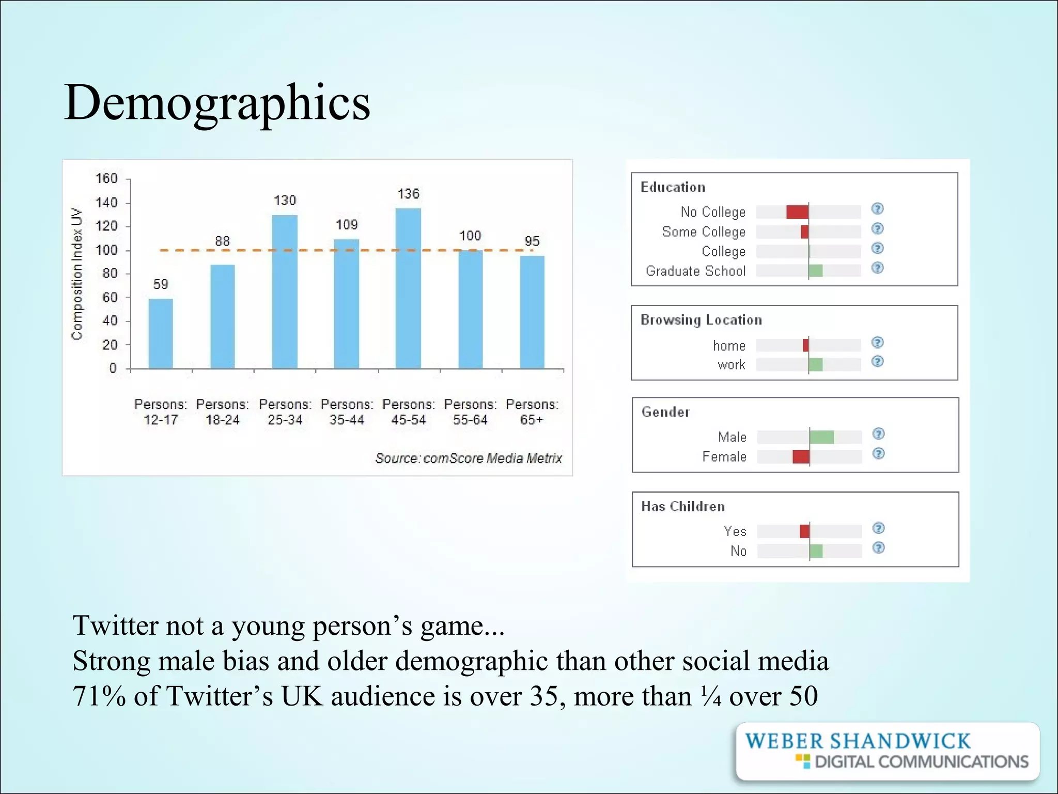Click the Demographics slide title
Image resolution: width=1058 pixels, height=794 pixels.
[x=217, y=102]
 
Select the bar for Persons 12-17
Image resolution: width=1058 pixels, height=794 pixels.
[x=161, y=333]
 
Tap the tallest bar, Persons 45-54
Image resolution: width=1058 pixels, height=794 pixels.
[x=408, y=288]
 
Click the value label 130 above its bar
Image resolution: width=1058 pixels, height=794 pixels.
[x=285, y=201]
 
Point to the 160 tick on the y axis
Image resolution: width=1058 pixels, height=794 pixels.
[x=106, y=179]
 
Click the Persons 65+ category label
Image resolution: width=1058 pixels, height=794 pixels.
[x=532, y=412]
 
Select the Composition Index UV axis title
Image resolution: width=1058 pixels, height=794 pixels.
[x=77, y=274]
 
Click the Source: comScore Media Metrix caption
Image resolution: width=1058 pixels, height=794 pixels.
[x=468, y=459]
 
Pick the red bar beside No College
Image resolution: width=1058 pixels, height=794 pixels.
[x=797, y=212]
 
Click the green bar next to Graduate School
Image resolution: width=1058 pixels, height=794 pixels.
[x=816, y=271]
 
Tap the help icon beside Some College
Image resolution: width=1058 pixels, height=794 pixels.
[x=877, y=229]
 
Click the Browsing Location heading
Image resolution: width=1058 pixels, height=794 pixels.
[x=701, y=320]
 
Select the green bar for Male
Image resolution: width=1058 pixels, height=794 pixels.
[x=821, y=437]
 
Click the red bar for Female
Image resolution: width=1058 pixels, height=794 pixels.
[x=801, y=457]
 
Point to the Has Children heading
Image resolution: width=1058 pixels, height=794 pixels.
[x=682, y=507]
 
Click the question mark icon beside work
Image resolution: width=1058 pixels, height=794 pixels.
[x=877, y=362]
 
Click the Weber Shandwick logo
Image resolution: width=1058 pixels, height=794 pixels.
[x=887, y=751]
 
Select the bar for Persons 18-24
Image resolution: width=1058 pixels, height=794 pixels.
[x=223, y=316]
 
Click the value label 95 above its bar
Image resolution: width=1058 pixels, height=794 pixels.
[x=532, y=241]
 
